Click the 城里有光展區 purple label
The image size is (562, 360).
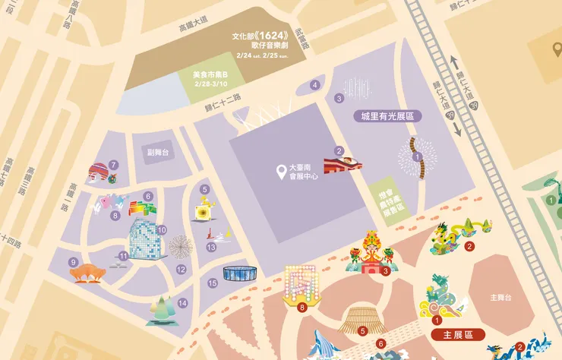click(387, 116)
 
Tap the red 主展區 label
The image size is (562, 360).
click(458, 334)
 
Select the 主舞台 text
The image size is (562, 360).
click(503, 297)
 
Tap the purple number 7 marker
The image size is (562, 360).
click(113, 165)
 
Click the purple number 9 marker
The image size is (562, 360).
click(74, 262)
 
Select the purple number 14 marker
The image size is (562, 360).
click(182, 303)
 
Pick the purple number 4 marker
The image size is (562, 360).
click(315, 85)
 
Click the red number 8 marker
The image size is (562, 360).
click(302, 308)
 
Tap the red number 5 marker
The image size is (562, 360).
click(363, 330)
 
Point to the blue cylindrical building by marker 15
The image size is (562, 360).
click(240, 273)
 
